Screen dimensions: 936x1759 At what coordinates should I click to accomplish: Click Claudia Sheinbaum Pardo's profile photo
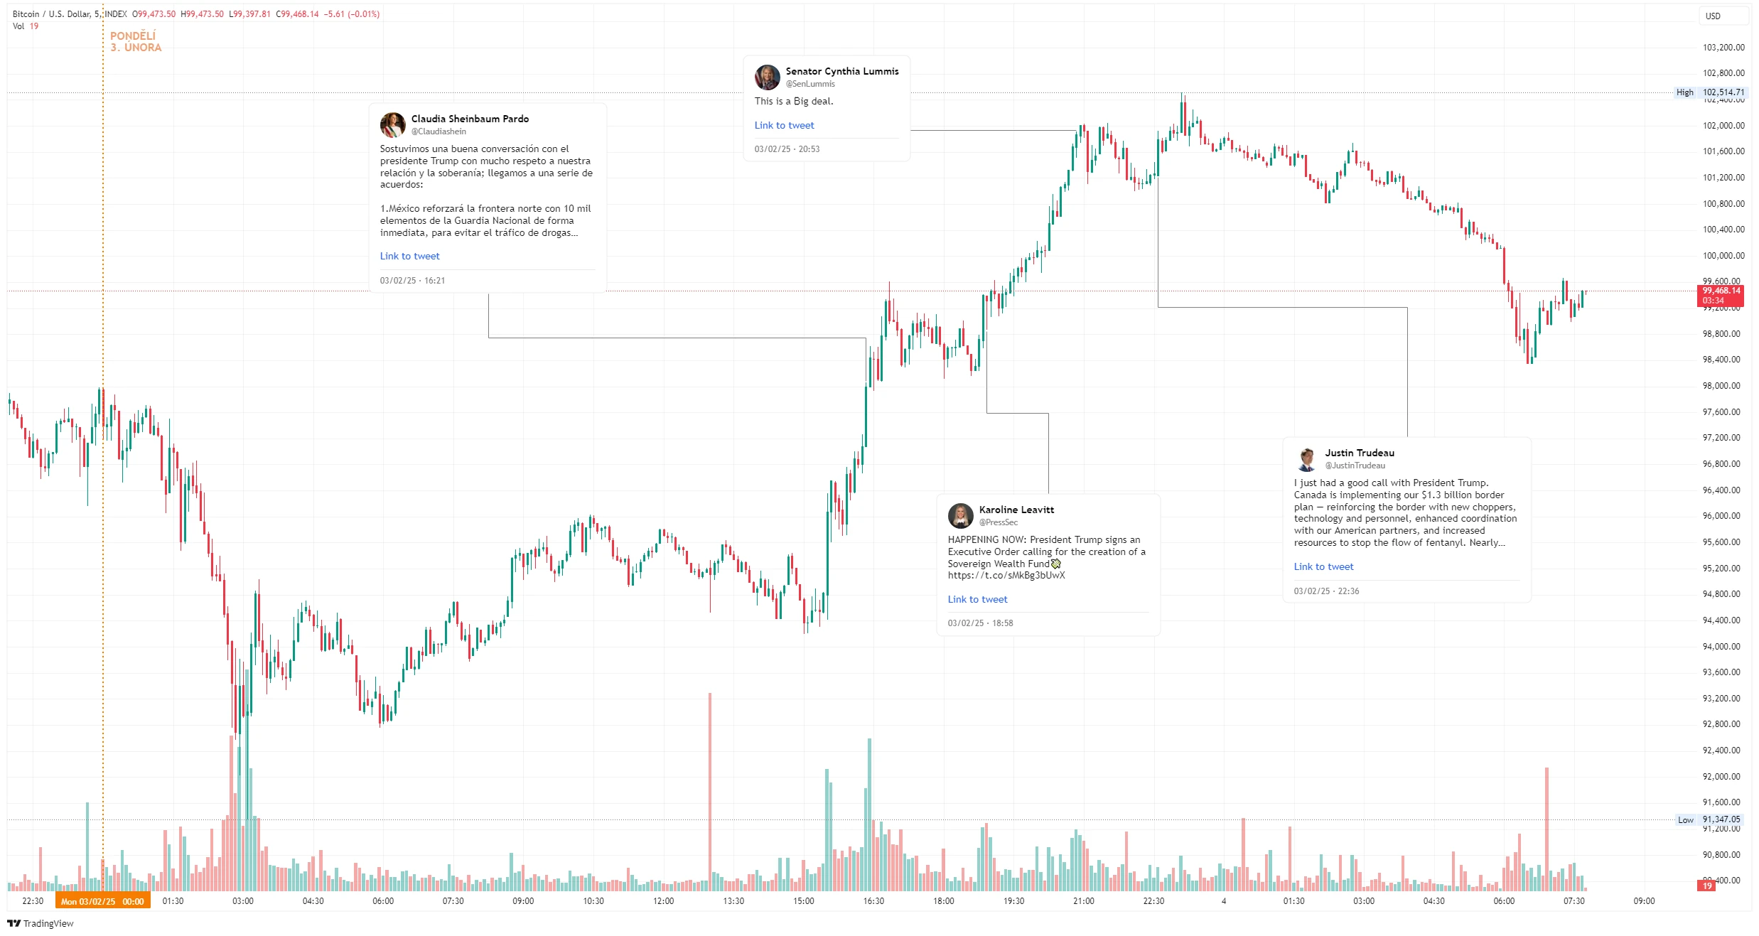[x=392, y=124]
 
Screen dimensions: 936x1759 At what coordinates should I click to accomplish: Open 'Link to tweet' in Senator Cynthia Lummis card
[x=784, y=126]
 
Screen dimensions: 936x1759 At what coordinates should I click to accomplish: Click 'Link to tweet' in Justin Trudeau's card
[x=1323, y=567]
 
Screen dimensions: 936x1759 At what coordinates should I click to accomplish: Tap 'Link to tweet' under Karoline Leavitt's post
[x=977, y=600]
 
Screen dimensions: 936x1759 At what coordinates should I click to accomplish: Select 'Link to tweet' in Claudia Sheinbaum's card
[x=409, y=257]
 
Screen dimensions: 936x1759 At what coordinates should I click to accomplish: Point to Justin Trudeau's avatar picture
[x=1306, y=458]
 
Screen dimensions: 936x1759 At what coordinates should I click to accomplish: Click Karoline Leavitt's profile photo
[x=960, y=515]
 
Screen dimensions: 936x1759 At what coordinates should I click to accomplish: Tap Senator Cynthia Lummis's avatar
[x=767, y=77]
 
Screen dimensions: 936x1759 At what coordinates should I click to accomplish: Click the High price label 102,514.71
[x=1723, y=92]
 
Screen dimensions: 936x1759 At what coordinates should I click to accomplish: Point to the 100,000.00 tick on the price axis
[x=1723, y=256]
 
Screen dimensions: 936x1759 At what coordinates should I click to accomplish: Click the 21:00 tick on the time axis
[x=1083, y=901]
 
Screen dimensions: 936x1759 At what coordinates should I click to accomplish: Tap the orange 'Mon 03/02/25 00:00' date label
[x=102, y=901]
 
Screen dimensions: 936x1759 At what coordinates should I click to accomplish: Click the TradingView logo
[x=41, y=923]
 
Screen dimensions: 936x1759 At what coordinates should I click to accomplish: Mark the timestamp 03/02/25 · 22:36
[x=1326, y=591]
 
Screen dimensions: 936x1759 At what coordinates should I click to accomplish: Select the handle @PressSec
[x=998, y=522]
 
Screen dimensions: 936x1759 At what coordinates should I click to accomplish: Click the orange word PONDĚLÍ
[x=133, y=36]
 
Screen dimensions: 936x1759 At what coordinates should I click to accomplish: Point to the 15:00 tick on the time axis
[x=803, y=901]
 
